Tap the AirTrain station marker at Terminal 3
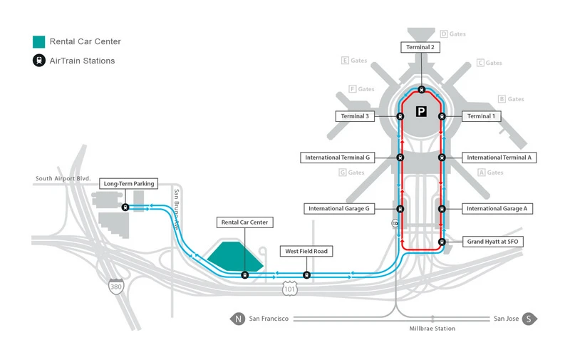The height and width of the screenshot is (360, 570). pos(400,116)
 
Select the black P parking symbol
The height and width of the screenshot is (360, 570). pos(422,111)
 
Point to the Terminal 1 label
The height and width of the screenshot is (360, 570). pos(480,116)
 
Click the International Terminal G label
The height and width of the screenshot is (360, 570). pos(338,158)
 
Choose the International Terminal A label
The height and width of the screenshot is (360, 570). pos(499,158)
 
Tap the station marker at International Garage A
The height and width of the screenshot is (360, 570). pos(442,209)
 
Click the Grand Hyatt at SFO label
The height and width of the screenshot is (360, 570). pos(494,242)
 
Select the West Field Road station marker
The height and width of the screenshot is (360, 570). pos(307,274)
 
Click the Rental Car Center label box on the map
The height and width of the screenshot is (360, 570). pos(244,223)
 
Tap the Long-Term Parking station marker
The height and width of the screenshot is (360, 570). pos(125,207)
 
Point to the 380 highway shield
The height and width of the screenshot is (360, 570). pos(115,287)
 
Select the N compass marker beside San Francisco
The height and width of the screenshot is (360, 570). pos(238,319)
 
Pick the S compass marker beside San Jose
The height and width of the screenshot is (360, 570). pos(529,319)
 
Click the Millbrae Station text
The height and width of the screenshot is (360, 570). pos(432,329)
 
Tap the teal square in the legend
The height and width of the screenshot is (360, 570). pos(39,41)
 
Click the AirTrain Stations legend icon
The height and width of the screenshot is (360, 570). pos(39,61)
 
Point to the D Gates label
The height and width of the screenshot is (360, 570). pos(453,34)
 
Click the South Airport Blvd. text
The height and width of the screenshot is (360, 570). pos(65,179)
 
